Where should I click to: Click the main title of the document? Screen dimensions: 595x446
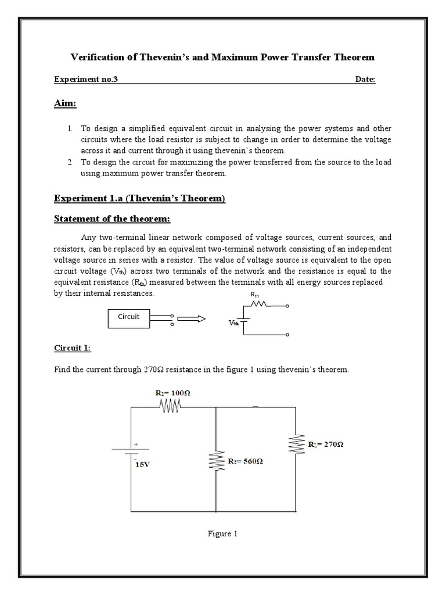pos(222,57)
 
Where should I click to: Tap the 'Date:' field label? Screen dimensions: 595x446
pos(365,80)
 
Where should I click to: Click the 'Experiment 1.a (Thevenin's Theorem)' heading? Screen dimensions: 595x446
pos(139,199)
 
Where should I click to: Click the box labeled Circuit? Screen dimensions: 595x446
pos(129,317)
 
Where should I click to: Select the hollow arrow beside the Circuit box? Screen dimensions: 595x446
pos(191,318)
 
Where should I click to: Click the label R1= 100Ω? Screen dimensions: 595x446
pos(173,393)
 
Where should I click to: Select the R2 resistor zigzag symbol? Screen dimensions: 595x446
pos(215,461)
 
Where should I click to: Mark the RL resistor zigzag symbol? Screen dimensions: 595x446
pos(296,445)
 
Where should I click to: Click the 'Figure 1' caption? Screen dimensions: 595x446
pos(222,534)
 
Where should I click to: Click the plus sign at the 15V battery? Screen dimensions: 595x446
pos(136,444)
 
